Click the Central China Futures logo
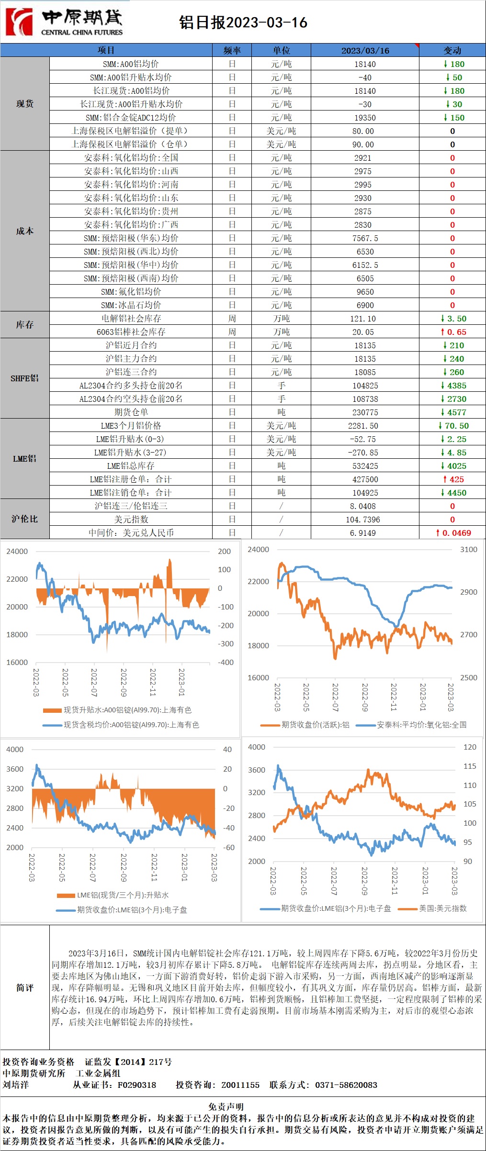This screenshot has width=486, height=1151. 64,22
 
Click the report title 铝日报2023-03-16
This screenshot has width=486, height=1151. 243,22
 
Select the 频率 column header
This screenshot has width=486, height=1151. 232,50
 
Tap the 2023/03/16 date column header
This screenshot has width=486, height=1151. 365,50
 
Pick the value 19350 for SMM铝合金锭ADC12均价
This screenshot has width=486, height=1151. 365,118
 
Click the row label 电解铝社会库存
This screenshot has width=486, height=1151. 131,319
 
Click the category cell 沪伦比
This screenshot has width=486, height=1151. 24,519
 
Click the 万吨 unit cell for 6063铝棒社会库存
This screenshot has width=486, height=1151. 281,332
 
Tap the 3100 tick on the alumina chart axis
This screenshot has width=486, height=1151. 468,550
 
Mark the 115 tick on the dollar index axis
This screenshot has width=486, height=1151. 470,766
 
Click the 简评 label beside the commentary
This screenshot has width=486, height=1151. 24,988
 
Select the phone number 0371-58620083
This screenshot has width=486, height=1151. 346,1085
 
